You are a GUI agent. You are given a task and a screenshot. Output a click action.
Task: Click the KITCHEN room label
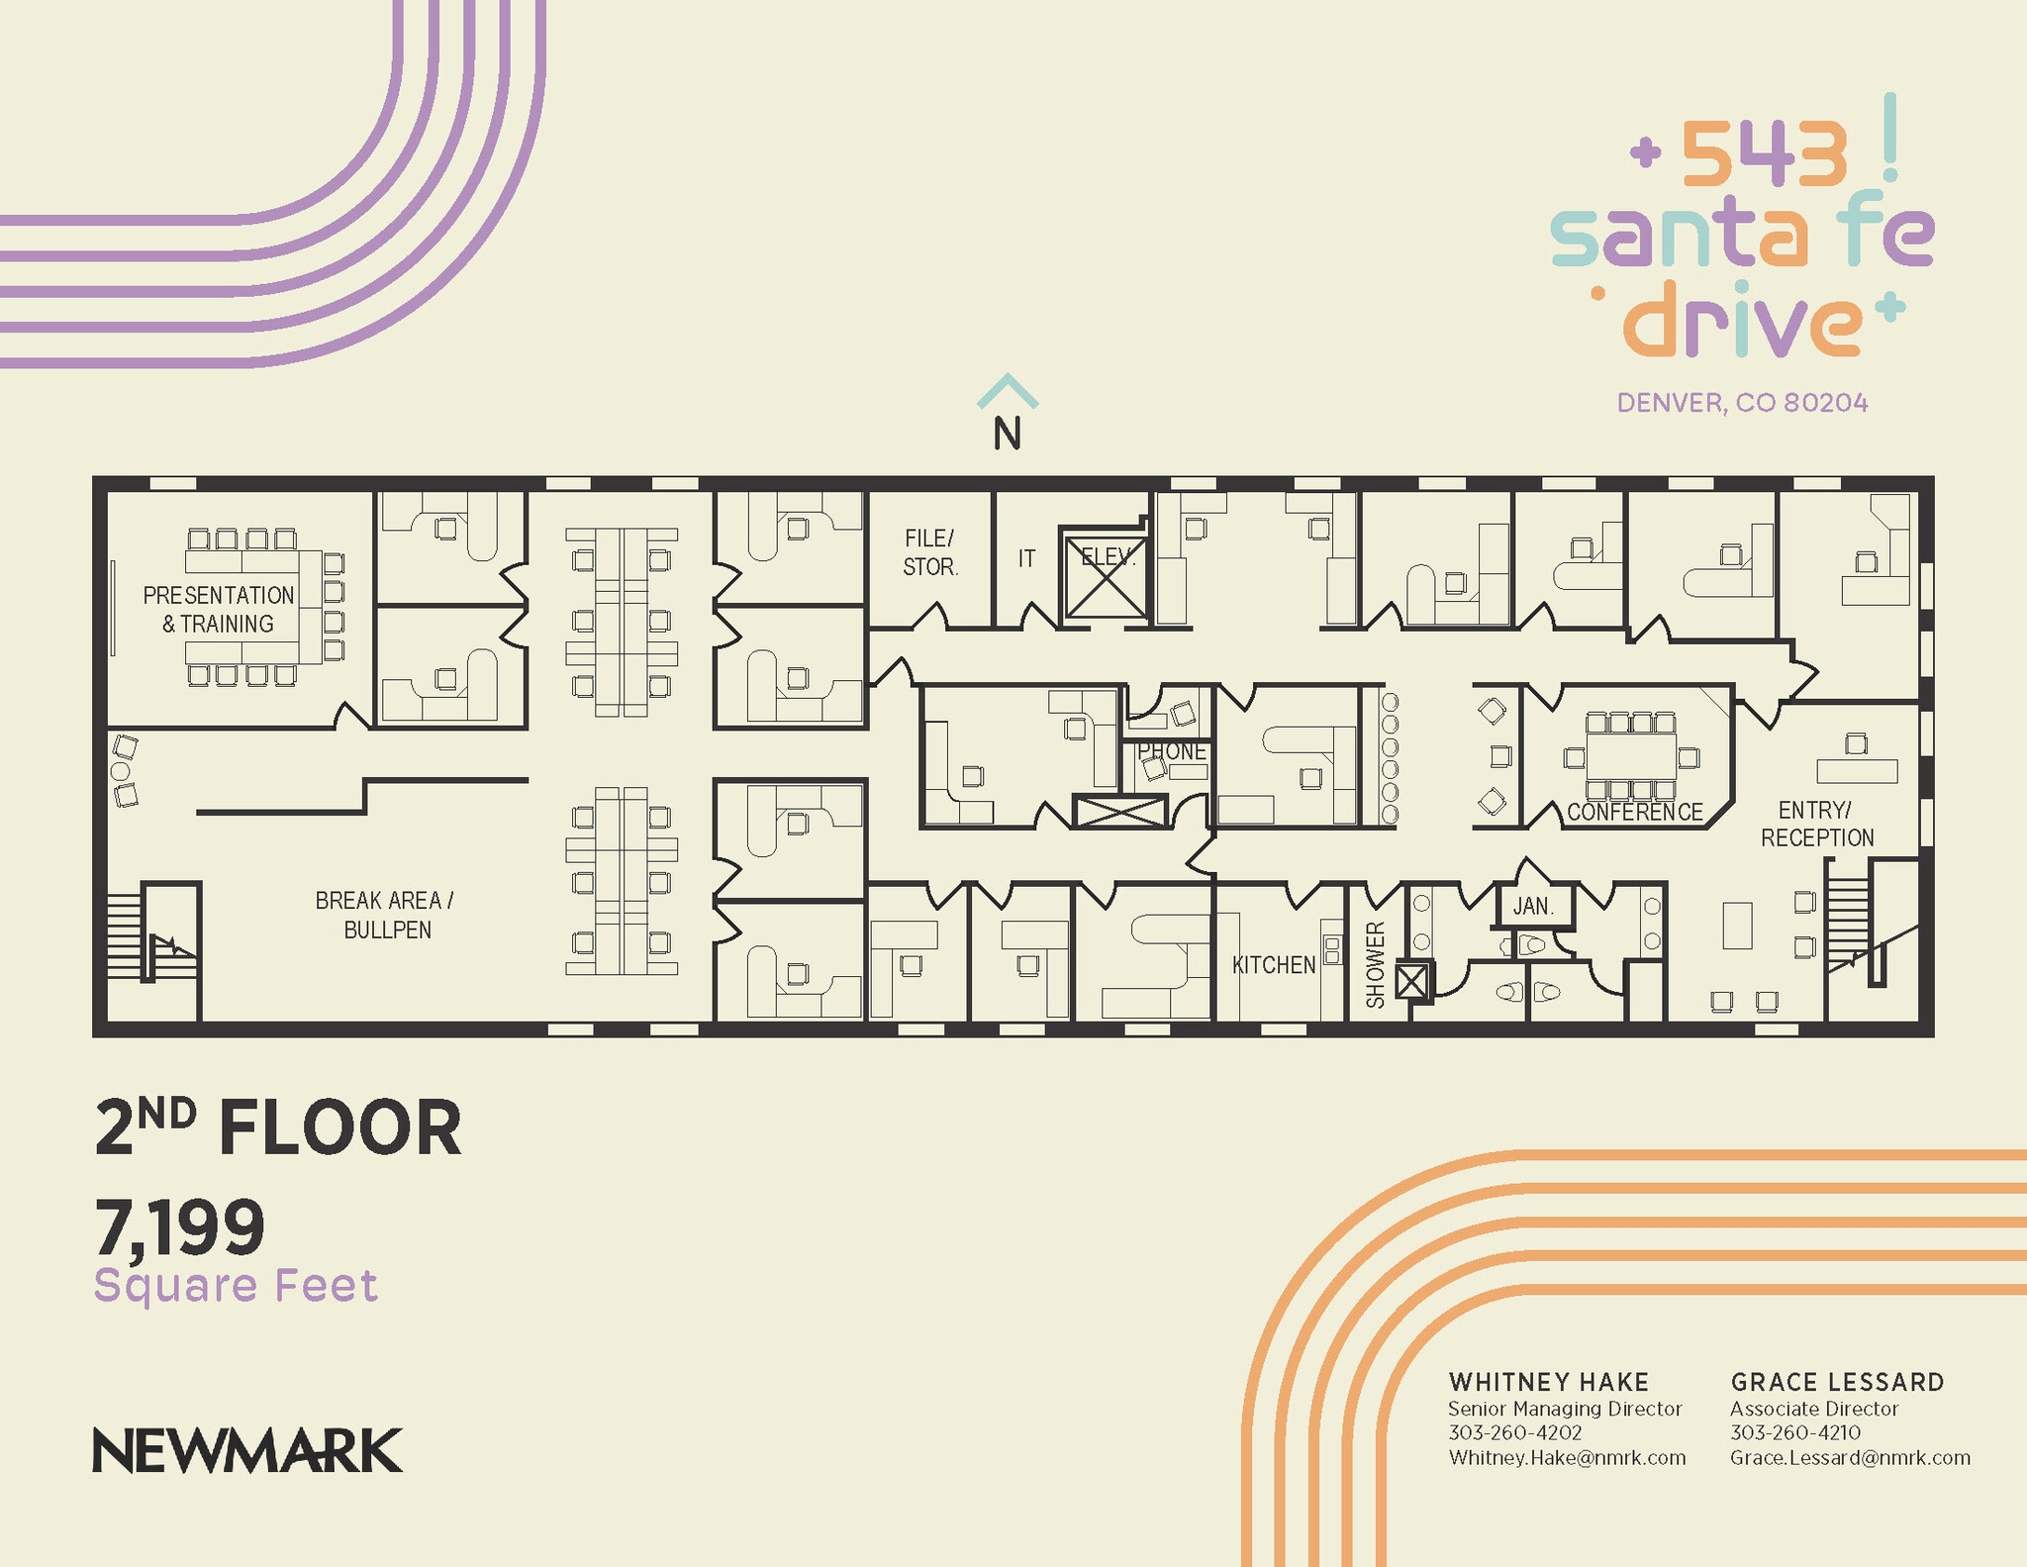click(x=1273, y=965)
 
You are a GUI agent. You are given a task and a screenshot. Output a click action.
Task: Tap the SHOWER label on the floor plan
click(x=1376, y=964)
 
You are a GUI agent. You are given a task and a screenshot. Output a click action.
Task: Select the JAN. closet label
click(x=1533, y=906)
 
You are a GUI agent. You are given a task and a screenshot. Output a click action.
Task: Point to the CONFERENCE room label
click(x=1634, y=813)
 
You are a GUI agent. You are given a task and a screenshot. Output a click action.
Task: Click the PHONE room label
click(x=1172, y=751)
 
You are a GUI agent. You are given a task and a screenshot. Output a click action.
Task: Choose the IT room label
click(x=1026, y=559)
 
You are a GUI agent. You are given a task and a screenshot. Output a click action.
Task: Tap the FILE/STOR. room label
click(x=929, y=552)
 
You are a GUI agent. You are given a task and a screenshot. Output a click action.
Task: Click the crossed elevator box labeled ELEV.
click(x=1105, y=578)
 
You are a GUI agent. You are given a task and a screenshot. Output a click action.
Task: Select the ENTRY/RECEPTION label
click(x=1816, y=824)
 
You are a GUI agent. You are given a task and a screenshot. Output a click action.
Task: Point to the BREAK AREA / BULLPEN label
click(x=386, y=915)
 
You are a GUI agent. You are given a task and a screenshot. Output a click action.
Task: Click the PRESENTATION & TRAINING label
click(x=219, y=609)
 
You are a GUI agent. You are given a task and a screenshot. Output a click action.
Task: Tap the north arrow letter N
click(x=1007, y=434)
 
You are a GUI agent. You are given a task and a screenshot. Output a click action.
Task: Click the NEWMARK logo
click(x=247, y=1450)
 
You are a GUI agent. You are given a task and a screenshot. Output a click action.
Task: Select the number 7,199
click(x=180, y=1226)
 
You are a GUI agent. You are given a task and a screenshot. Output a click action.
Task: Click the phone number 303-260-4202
click(x=1514, y=1432)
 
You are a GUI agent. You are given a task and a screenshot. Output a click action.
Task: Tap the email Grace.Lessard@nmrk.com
click(x=1850, y=1457)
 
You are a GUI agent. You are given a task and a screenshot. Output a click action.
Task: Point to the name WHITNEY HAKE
click(x=1548, y=1382)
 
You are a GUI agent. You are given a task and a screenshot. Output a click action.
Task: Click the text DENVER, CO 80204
click(x=1742, y=403)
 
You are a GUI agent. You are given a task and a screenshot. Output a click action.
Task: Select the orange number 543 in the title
click(x=1764, y=154)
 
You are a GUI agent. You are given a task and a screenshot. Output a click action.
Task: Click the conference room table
click(x=1631, y=756)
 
